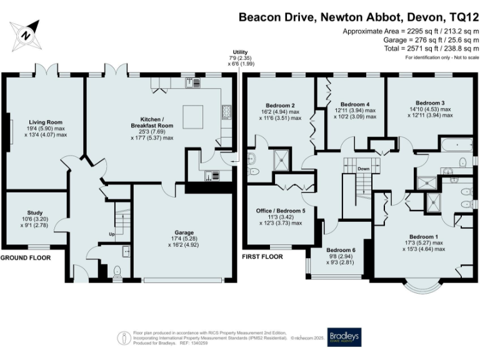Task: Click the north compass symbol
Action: pos(25,35)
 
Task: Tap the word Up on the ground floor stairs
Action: pos(112,234)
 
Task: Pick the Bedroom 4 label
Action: pos(354,104)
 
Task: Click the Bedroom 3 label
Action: pos(430,102)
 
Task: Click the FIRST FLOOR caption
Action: pos(264,256)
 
